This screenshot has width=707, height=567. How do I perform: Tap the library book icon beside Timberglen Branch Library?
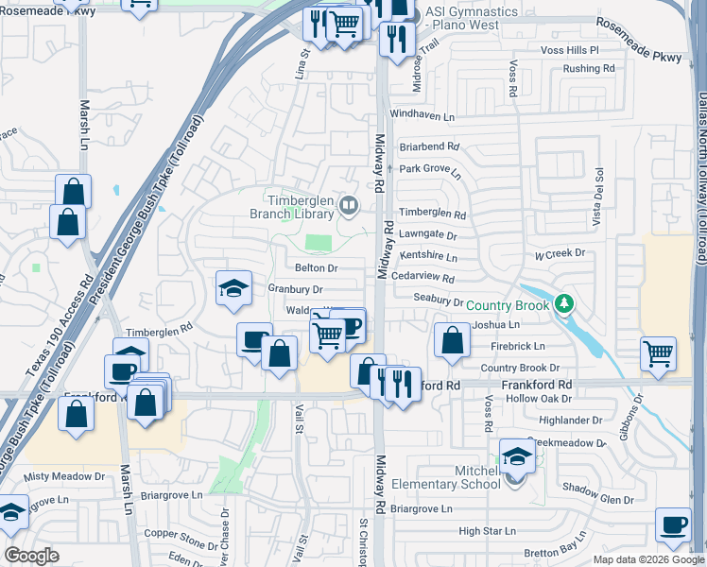pyautogui.click(x=349, y=204)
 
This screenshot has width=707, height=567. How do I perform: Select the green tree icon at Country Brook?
pyautogui.click(x=563, y=303)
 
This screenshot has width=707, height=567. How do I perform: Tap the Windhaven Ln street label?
pyautogui.click(x=422, y=114)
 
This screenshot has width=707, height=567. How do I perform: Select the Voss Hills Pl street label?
pyautogui.click(x=569, y=49)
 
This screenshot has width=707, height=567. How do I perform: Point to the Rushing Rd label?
pyautogui.click(x=588, y=68)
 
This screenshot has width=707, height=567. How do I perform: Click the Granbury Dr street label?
pyautogui.click(x=295, y=289)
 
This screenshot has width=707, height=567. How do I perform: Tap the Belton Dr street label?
pyautogui.click(x=316, y=268)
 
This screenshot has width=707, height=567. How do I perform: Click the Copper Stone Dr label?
pyautogui.click(x=181, y=534)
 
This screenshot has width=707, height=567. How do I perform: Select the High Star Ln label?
pyautogui.click(x=483, y=532)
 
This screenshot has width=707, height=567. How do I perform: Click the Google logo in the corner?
pyautogui.click(x=31, y=556)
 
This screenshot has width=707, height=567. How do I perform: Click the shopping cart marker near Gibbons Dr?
pyautogui.click(x=658, y=353)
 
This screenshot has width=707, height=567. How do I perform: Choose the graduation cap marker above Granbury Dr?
pyautogui.click(x=233, y=288)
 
